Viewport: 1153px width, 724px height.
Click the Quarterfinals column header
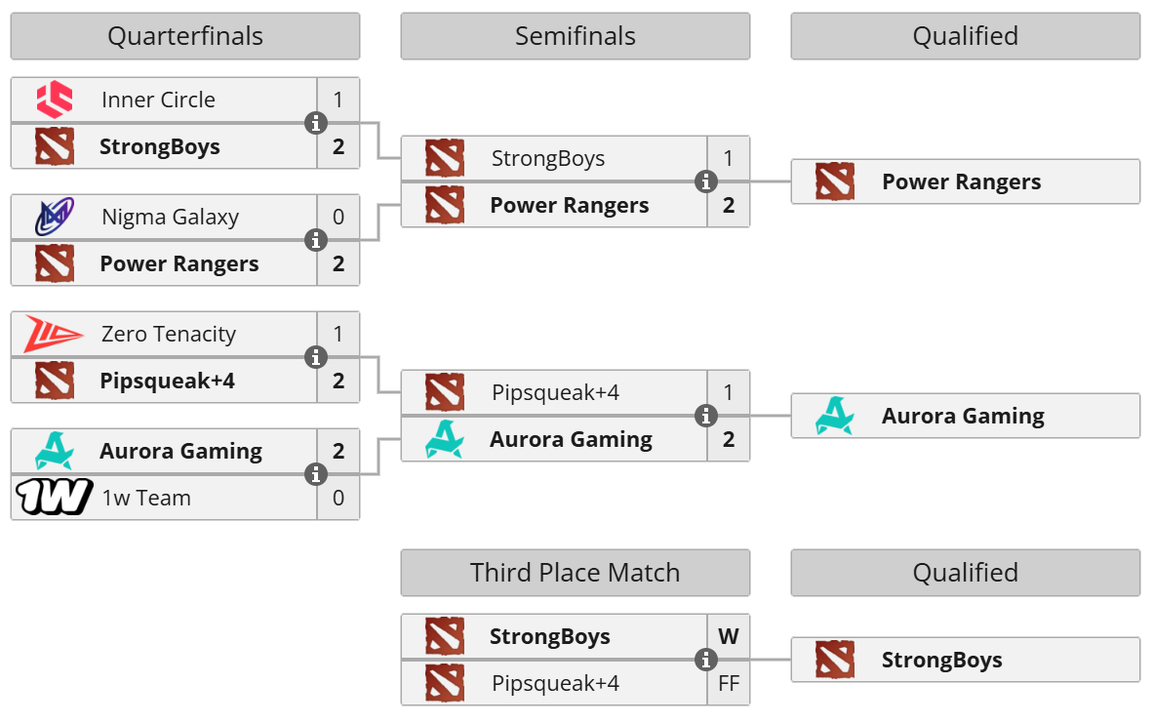tap(184, 36)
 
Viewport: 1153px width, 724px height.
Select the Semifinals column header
tap(575, 36)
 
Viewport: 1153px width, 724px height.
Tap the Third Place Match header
tap(575, 573)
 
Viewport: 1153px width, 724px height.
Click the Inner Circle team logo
tap(55, 100)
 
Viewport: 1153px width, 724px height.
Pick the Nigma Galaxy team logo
tap(55, 217)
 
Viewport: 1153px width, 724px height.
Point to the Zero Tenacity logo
tap(55, 334)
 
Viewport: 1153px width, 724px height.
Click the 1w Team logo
tap(55, 498)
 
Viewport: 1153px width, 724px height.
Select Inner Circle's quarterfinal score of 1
tap(338, 100)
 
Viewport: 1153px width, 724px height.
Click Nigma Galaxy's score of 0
tap(338, 217)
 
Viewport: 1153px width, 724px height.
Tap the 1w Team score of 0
tap(338, 498)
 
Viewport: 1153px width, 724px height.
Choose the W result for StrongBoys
tap(729, 637)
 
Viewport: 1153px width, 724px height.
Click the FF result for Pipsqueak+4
tap(729, 684)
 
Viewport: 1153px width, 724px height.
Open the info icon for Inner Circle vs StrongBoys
tap(316, 123)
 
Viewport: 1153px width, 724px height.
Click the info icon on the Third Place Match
tap(706, 661)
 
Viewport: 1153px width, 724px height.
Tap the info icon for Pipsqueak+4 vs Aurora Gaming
tap(706, 417)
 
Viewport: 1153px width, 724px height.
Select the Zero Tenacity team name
tap(169, 334)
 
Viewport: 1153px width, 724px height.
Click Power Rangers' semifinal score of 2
tap(729, 205)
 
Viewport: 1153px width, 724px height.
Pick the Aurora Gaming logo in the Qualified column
tap(835, 416)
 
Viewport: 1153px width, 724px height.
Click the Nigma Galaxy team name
tap(170, 217)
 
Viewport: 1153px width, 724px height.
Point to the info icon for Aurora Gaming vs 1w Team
tap(316, 474)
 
